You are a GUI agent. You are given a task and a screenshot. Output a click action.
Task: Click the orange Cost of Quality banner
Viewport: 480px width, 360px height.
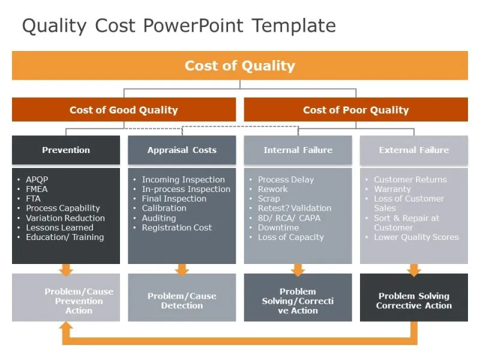[240, 65]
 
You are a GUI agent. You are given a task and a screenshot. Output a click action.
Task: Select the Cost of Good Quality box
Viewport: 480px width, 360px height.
[124, 110]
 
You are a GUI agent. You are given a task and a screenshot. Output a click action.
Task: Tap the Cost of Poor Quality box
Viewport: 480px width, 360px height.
[356, 110]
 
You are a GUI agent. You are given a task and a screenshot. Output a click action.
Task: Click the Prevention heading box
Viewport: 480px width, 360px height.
[66, 150]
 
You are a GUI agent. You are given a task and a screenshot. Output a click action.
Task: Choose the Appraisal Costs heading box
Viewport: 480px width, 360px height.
[182, 150]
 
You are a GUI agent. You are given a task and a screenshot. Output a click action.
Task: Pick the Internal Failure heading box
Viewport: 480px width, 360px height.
[298, 150]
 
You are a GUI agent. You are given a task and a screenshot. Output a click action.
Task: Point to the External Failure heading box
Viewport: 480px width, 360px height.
[413, 150]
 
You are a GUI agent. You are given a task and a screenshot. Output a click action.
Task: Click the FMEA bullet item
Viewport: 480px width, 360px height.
[37, 189]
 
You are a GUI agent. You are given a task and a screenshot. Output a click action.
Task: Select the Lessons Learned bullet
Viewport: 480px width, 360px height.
[59, 227]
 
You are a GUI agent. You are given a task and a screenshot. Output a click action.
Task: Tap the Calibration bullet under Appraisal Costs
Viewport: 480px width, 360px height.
[164, 208]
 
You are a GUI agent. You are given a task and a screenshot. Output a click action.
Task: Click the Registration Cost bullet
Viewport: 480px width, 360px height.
[176, 227]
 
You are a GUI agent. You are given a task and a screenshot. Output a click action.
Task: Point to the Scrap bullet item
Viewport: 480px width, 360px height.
[269, 199]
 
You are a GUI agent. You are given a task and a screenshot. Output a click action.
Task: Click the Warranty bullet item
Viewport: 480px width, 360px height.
[392, 189]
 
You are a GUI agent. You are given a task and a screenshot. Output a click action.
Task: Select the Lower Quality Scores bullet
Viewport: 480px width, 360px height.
[416, 237]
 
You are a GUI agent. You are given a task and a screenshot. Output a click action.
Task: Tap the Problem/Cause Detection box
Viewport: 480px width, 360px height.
[182, 301]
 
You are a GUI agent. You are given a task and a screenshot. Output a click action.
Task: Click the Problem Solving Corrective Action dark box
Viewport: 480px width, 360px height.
[413, 301]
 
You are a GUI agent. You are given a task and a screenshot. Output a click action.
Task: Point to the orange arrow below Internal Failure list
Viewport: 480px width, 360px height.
[298, 270]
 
